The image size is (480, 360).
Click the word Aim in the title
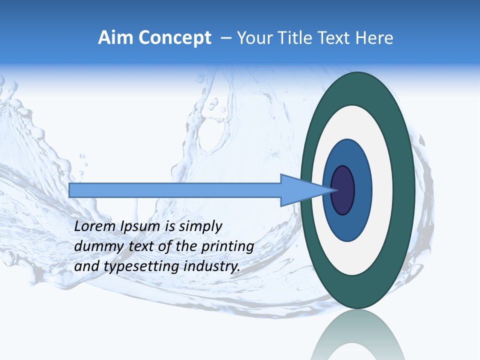(115, 38)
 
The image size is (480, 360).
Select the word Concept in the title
(173, 38)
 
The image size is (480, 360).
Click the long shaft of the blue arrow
(175, 190)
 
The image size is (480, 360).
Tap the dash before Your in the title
(225, 38)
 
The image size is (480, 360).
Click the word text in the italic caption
(142, 246)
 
